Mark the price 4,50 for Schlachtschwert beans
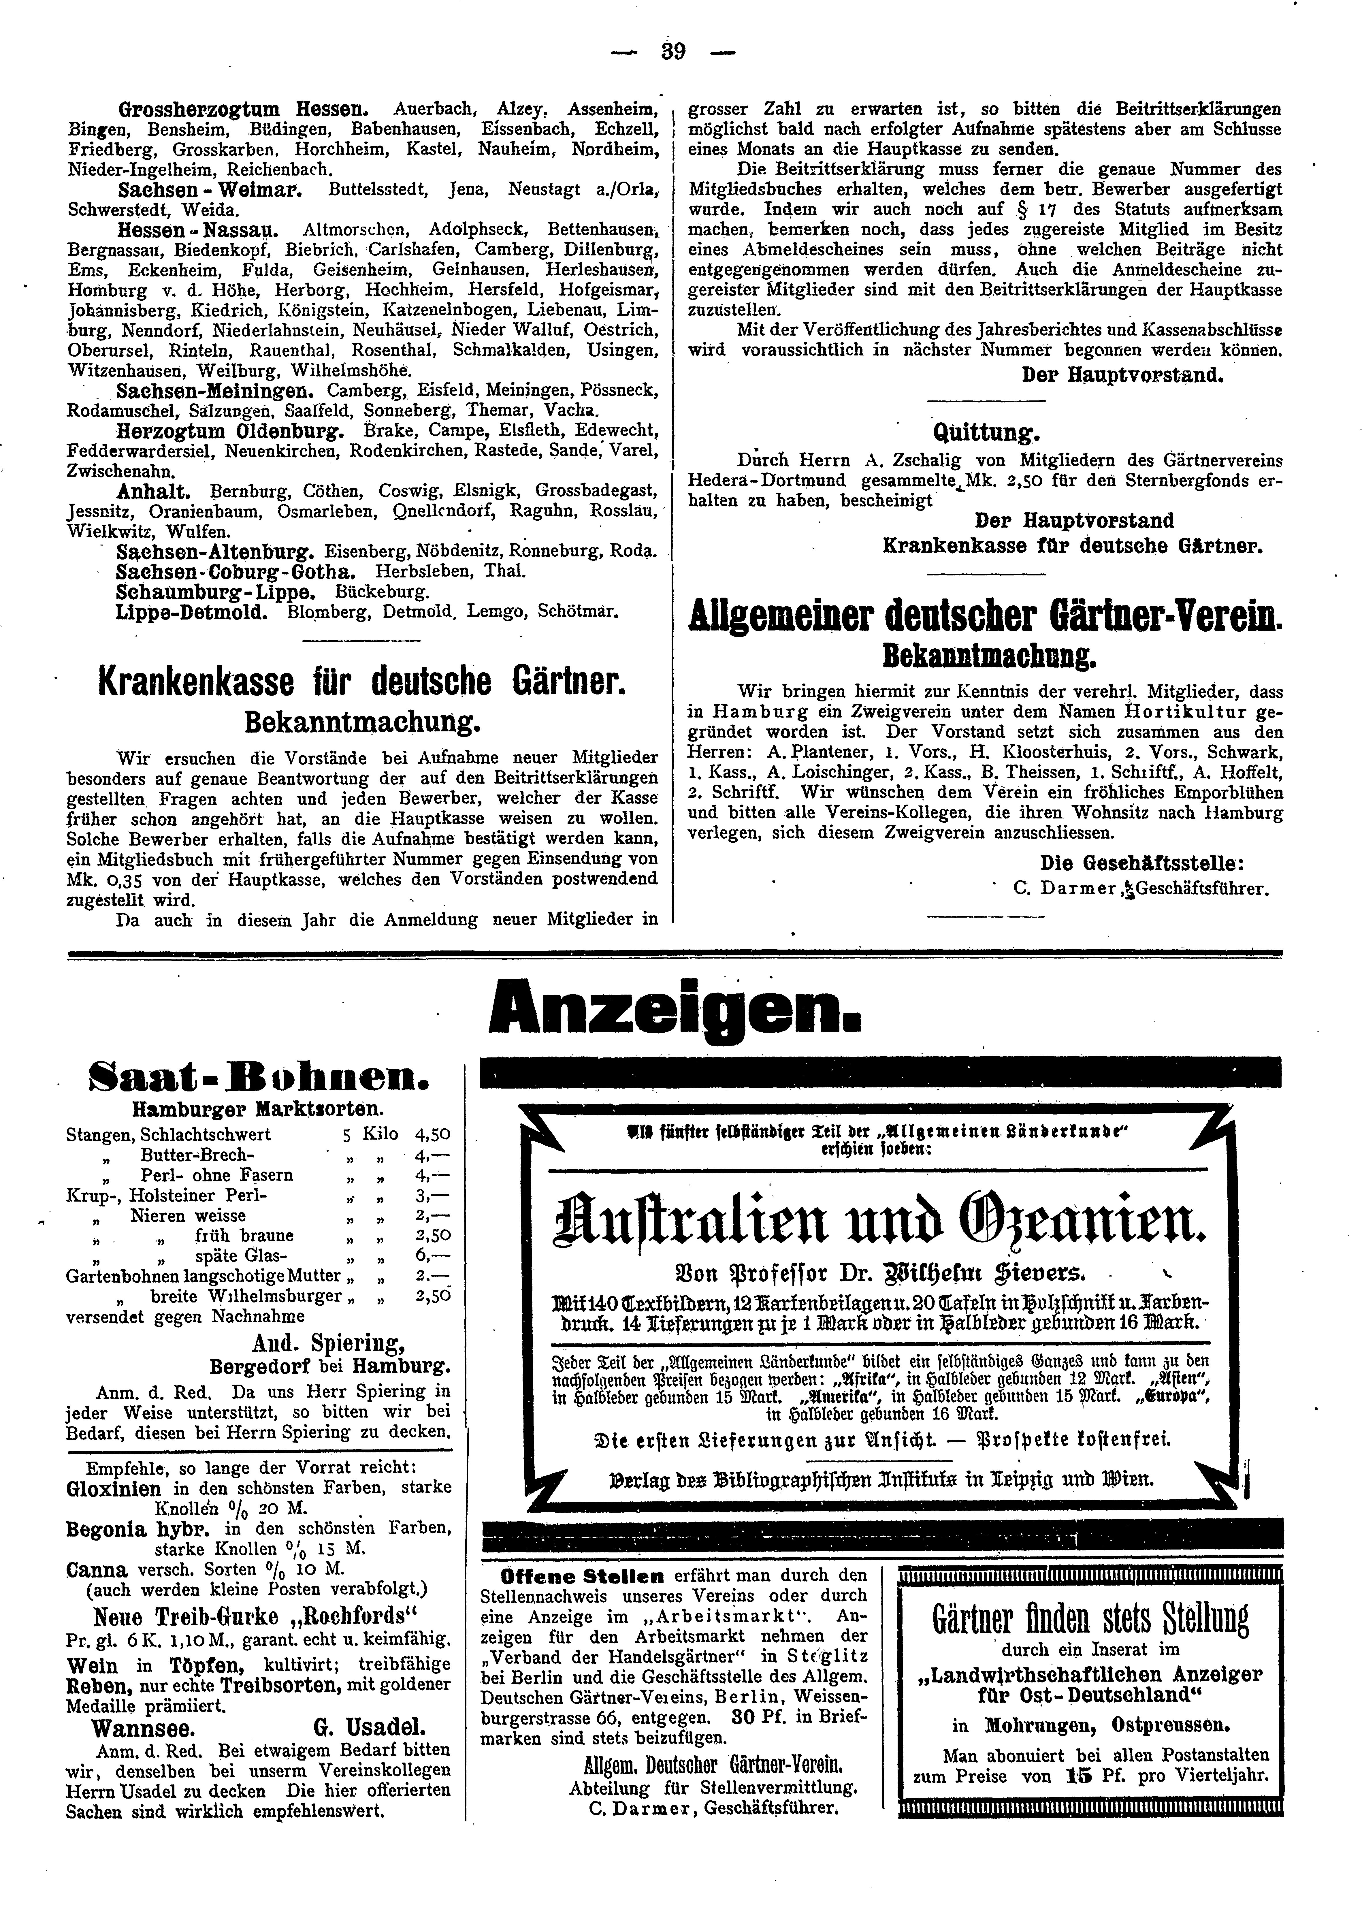[x=433, y=1134]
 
